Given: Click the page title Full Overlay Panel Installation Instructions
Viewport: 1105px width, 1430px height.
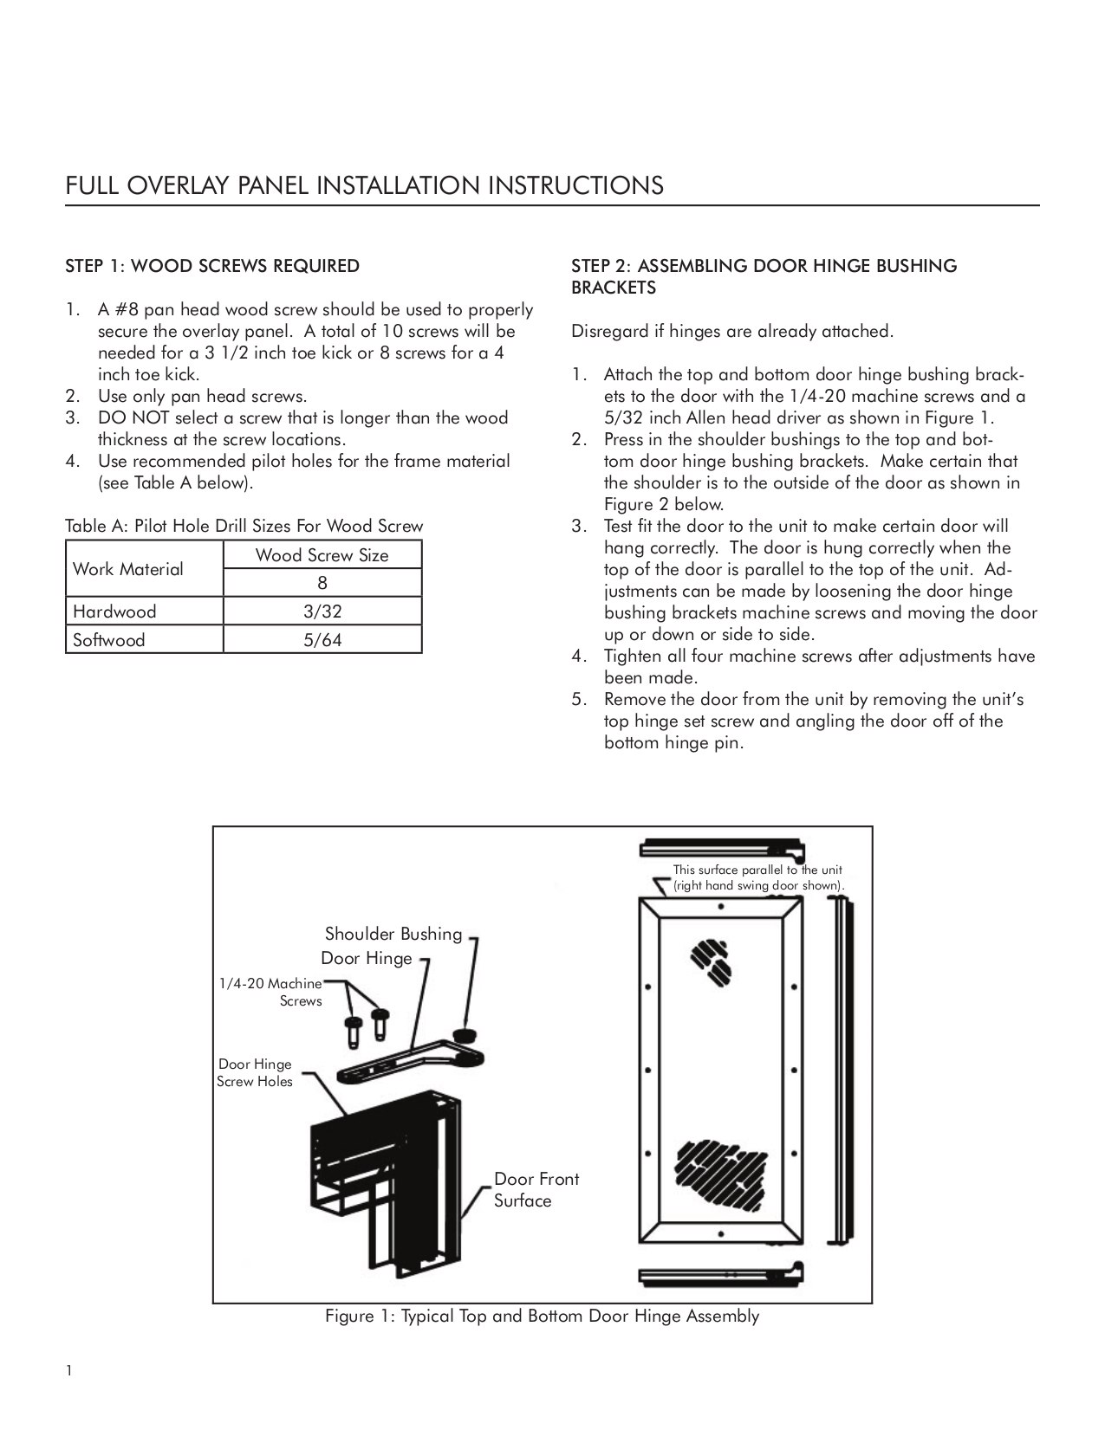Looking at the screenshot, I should (365, 185).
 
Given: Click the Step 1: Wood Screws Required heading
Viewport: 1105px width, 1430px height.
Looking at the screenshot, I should (212, 266).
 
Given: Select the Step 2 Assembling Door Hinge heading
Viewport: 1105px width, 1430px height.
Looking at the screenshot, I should (764, 276).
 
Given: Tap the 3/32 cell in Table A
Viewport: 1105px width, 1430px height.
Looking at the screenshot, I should (322, 611).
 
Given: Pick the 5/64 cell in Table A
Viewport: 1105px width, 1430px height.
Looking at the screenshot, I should (322, 640).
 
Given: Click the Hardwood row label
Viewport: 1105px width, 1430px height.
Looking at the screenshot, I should (114, 611).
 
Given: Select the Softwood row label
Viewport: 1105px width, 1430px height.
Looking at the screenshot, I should (109, 640).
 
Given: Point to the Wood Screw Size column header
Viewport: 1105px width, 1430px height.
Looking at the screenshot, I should (322, 555).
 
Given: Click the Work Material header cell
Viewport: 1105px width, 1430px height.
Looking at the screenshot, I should (128, 569).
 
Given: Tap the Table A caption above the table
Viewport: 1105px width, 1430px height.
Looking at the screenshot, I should (244, 526).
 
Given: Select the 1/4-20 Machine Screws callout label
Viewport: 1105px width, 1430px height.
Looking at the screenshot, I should (270, 992).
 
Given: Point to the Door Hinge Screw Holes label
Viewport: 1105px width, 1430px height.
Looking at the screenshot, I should (255, 1073).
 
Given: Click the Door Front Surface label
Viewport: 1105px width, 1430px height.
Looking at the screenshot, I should (536, 1189).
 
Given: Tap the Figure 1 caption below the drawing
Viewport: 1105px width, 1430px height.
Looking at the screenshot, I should (542, 1317).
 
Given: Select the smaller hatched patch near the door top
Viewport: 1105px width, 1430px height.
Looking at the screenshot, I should (711, 962).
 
